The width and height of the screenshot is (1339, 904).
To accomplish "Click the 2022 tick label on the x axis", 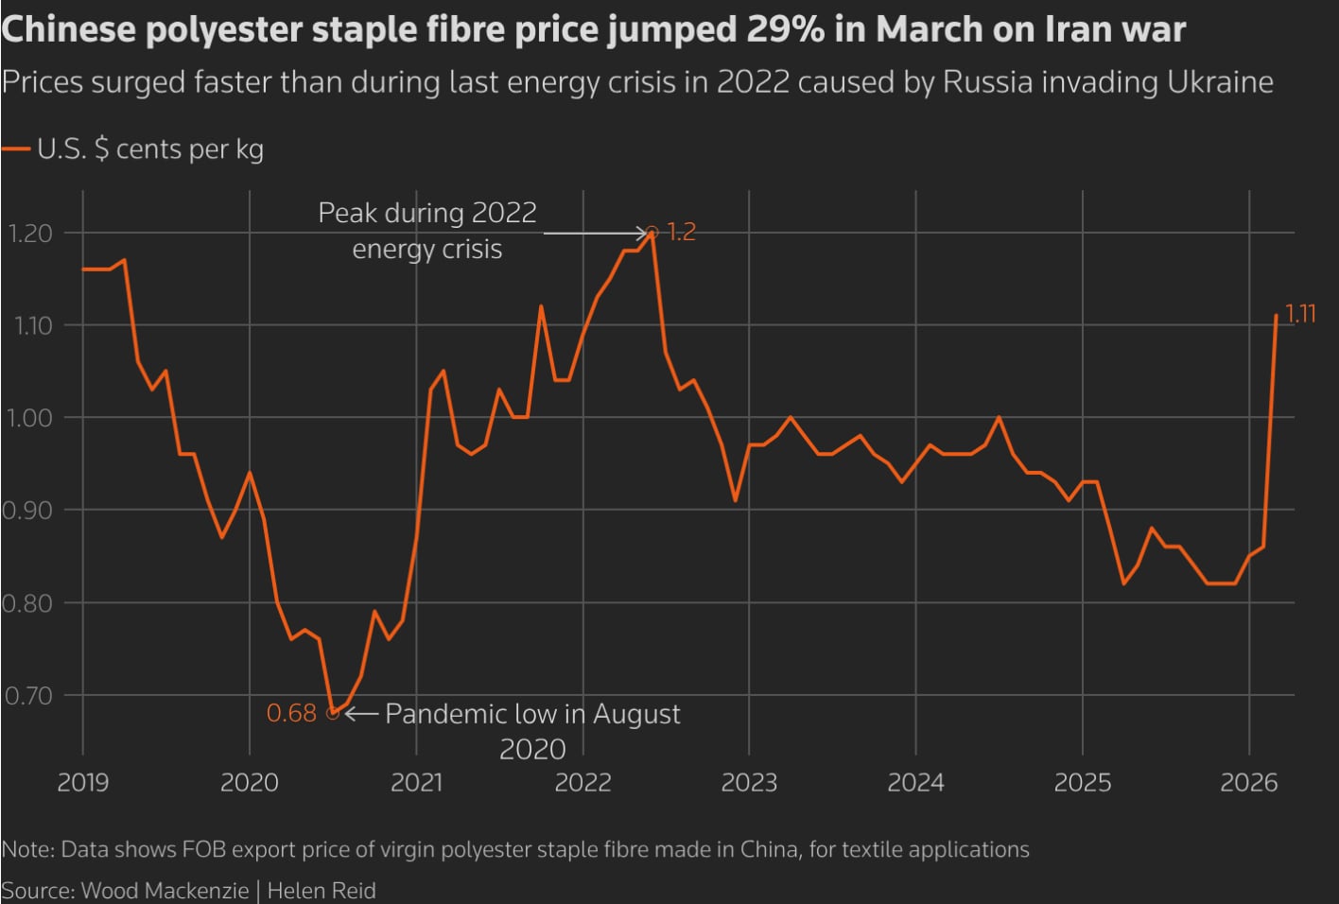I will pos(583,783).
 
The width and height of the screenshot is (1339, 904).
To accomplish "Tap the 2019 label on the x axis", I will pos(82,783).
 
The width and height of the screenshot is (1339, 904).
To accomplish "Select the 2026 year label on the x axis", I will pos(1248,783).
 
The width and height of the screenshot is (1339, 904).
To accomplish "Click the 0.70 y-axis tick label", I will pos(28,696).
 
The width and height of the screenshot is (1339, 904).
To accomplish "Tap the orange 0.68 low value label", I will pos(291,713).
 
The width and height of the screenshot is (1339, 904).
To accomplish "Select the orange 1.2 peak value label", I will pos(681,232).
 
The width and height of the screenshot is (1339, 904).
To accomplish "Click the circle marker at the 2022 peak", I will pos(652,232).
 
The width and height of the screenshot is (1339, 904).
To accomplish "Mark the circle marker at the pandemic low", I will pos(332,714).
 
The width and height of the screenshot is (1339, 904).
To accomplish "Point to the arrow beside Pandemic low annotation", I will pos(362,714).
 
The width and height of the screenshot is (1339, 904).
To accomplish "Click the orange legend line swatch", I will pos(16,149).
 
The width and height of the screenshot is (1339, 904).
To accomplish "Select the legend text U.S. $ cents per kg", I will pos(150,149).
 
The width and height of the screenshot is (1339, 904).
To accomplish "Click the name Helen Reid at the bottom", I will pos(322,891).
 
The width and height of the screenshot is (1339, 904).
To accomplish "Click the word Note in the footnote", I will pos(26,849).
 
